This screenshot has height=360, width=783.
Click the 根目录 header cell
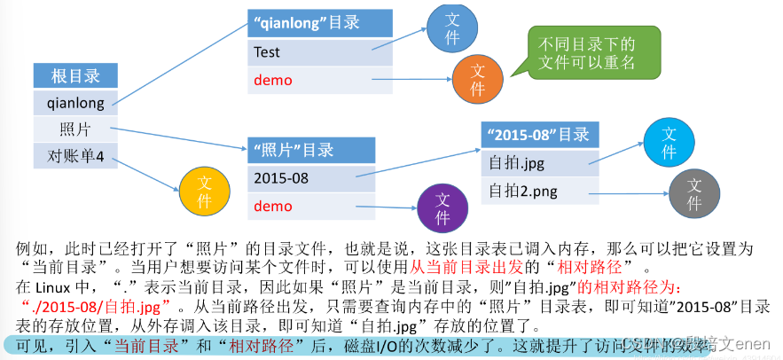click(x=75, y=76)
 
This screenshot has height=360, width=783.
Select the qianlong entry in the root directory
click(x=75, y=103)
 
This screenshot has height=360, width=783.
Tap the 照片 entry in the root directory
click(x=75, y=129)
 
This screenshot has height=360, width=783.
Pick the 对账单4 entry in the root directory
click(x=75, y=157)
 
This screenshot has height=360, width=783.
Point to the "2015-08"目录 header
click(x=539, y=135)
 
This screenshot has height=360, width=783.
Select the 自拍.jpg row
click(x=539, y=163)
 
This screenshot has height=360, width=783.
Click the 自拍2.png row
click(x=539, y=191)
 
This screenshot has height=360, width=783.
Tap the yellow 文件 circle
click(x=205, y=192)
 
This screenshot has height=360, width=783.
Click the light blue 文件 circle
click(x=669, y=144)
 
